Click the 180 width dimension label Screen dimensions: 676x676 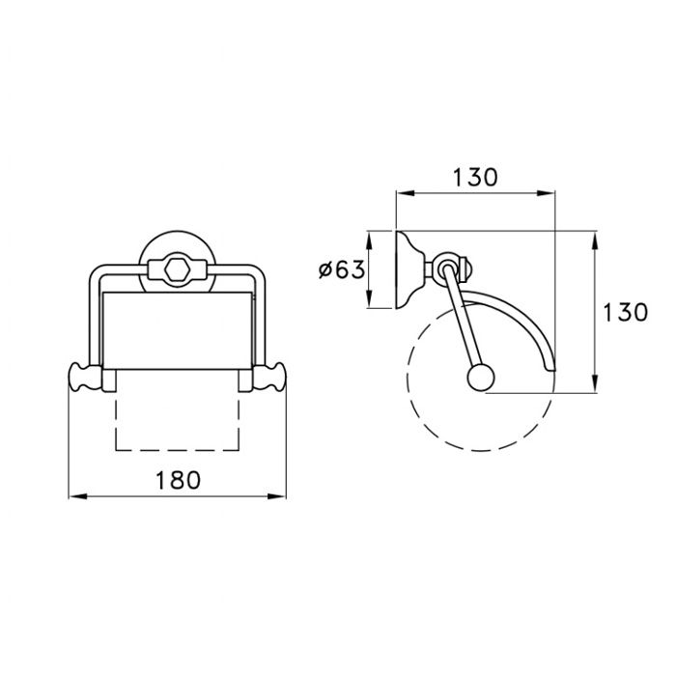(178, 480)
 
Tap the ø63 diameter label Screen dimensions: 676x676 (342, 270)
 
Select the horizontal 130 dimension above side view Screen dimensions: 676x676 (475, 177)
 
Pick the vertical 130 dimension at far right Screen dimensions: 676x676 (625, 312)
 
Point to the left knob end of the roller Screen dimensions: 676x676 (85, 378)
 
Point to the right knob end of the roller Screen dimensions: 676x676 (269, 378)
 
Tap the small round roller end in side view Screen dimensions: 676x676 (481, 379)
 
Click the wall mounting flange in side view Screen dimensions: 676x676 (407, 269)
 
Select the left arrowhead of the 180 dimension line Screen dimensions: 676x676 (77, 496)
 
